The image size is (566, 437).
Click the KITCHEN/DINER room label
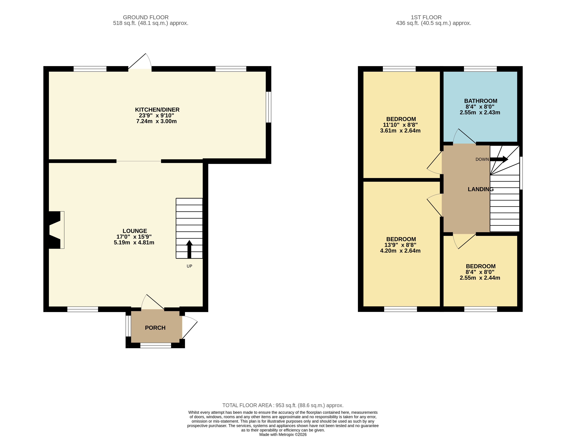pyautogui.click(x=157, y=110)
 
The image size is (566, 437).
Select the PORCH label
pyautogui.click(x=155, y=328)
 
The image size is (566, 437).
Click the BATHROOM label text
pyautogui.click(x=480, y=101)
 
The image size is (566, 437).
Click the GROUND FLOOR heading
pyautogui.click(x=146, y=17)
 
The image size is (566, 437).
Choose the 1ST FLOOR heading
pyautogui.click(x=426, y=17)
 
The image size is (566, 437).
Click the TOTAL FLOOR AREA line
pyautogui.click(x=283, y=405)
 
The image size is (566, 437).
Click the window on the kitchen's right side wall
pyautogui.click(x=269, y=107)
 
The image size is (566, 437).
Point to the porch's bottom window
pyautogui.click(x=155, y=345)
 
